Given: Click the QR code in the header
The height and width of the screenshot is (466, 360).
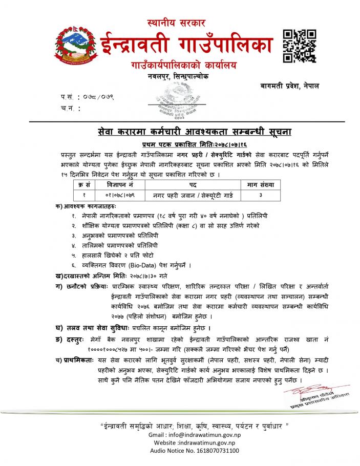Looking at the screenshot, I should (x=299, y=46).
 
